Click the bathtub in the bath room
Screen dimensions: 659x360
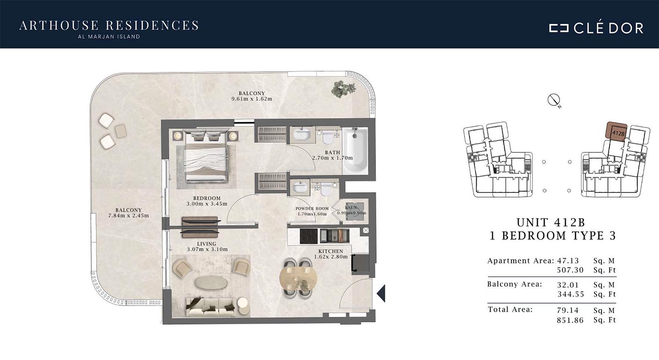point(355,151)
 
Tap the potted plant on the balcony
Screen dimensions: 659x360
point(343,89)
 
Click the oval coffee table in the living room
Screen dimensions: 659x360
point(211,283)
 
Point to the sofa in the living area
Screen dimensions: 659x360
point(211,307)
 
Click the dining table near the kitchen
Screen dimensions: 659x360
point(298,278)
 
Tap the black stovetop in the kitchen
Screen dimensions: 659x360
point(308,236)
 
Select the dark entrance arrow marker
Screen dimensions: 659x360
point(381,293)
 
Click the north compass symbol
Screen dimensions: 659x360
point(554,101)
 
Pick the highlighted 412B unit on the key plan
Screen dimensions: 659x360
point(616,131)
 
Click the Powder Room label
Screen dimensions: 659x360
point(312,209)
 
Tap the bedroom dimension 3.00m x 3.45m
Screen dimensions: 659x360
point(207,204)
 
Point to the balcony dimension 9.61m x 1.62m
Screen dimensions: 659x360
point(252,99)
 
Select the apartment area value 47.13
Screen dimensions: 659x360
point(568,261)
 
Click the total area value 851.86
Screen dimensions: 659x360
point(570,320)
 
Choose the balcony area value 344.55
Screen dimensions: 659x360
point(570,294)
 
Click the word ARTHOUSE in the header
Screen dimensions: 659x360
point(59,25)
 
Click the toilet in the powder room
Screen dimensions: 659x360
point(326,189)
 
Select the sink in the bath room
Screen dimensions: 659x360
point(302,135)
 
